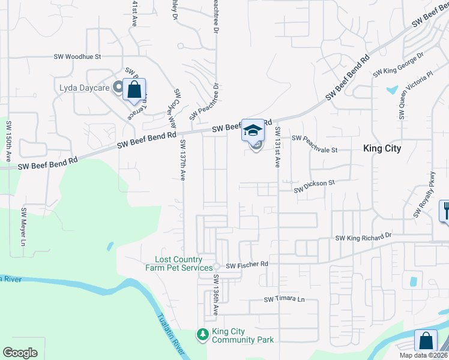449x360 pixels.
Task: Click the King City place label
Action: [382, 148]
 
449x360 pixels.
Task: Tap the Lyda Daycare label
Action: [85, 88]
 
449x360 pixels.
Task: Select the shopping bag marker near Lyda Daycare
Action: [134, 91]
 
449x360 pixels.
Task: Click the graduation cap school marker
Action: [253, 130]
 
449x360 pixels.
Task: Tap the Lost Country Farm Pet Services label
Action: [179, 263]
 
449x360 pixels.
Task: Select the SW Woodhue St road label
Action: [78, 56]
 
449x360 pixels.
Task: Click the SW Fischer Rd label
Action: [247, 264]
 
